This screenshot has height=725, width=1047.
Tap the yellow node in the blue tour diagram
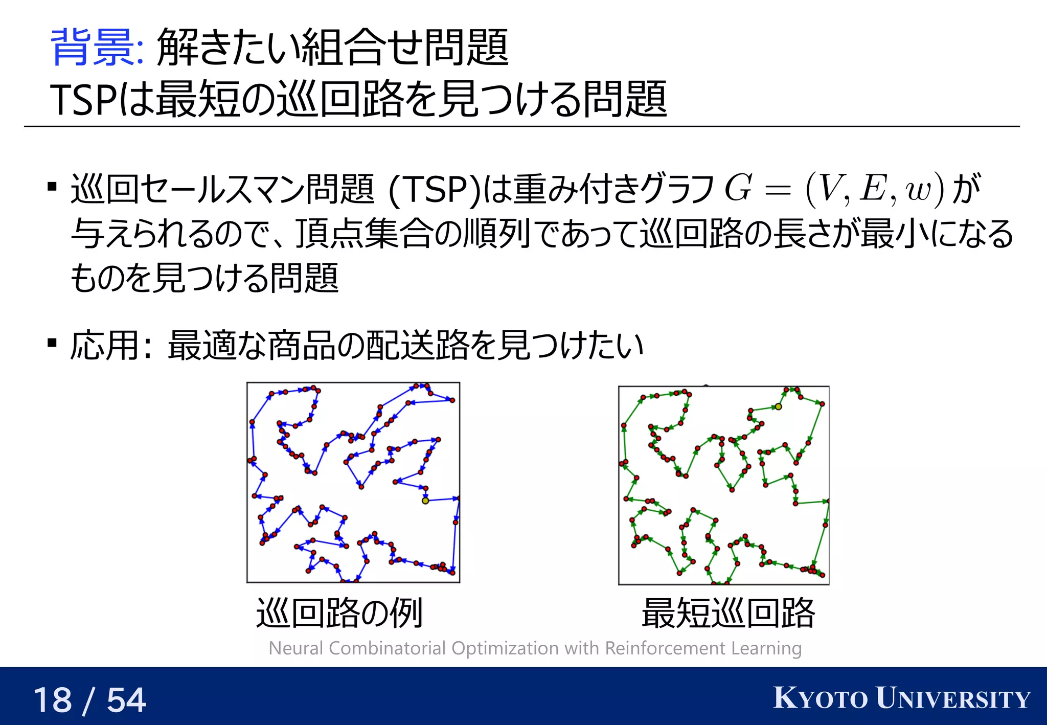click(425, 501)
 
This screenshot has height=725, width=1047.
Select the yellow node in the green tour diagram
click(778, 406)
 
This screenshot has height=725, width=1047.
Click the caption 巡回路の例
click(339, 613)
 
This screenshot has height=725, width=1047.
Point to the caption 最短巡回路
click(728, 613)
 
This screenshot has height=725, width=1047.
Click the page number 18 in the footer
click(53, 700)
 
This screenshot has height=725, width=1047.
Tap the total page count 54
click(126, 700)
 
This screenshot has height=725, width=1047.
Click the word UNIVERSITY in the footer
click(953, 698)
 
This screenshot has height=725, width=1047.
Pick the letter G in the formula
click(738, 188)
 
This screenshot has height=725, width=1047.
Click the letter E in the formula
click(873, 188)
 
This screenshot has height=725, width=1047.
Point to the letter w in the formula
click(918, 189)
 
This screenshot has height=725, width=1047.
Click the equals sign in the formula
click(778, 189)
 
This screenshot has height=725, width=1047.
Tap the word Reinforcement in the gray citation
click(665, 648)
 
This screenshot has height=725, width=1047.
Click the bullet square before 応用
click(52, 342)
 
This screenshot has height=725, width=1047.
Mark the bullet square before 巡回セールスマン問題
click(52, 186)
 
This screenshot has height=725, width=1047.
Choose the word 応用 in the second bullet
click(104, 345)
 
